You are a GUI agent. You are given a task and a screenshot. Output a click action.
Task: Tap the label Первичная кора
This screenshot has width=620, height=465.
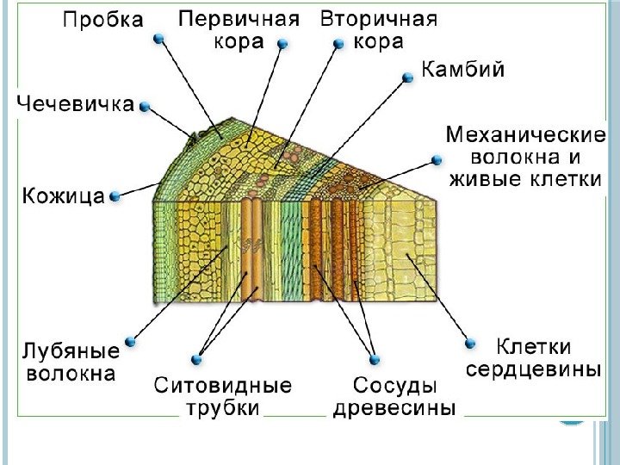coord(239,31)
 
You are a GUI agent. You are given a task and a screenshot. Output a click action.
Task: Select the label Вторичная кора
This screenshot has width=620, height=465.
coord(378,31)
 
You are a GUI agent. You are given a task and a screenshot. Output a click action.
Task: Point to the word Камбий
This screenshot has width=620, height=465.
coord(462,71)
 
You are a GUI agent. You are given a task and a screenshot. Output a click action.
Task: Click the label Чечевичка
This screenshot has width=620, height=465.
coord(77,105)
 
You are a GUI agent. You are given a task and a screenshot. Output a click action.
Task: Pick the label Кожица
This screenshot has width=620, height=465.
coord(63,196)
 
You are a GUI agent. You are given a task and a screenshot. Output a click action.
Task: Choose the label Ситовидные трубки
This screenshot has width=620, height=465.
coord(223,396)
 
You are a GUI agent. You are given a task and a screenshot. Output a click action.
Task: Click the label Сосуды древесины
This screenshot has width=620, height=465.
coord(394,396)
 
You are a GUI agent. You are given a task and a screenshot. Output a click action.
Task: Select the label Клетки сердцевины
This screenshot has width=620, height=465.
coord(533,358)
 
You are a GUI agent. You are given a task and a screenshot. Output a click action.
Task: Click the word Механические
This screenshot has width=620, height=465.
coord(525,137)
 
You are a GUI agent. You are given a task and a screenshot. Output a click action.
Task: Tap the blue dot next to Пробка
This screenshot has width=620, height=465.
coord(158,39)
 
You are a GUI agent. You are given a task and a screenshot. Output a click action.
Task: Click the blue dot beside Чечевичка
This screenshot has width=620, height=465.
coord(146,107)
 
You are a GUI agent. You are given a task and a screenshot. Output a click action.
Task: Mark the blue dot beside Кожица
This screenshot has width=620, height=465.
coord(115,196)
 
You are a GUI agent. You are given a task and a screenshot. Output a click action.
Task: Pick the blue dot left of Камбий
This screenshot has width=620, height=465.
coord(409,77)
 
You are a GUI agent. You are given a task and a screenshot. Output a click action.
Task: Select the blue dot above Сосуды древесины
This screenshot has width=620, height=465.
coord(374,359)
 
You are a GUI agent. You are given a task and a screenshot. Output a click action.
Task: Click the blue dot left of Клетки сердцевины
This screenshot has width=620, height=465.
coord(470,343)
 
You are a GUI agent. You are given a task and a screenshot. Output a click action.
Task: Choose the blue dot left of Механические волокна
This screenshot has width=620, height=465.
coord(437,159)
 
